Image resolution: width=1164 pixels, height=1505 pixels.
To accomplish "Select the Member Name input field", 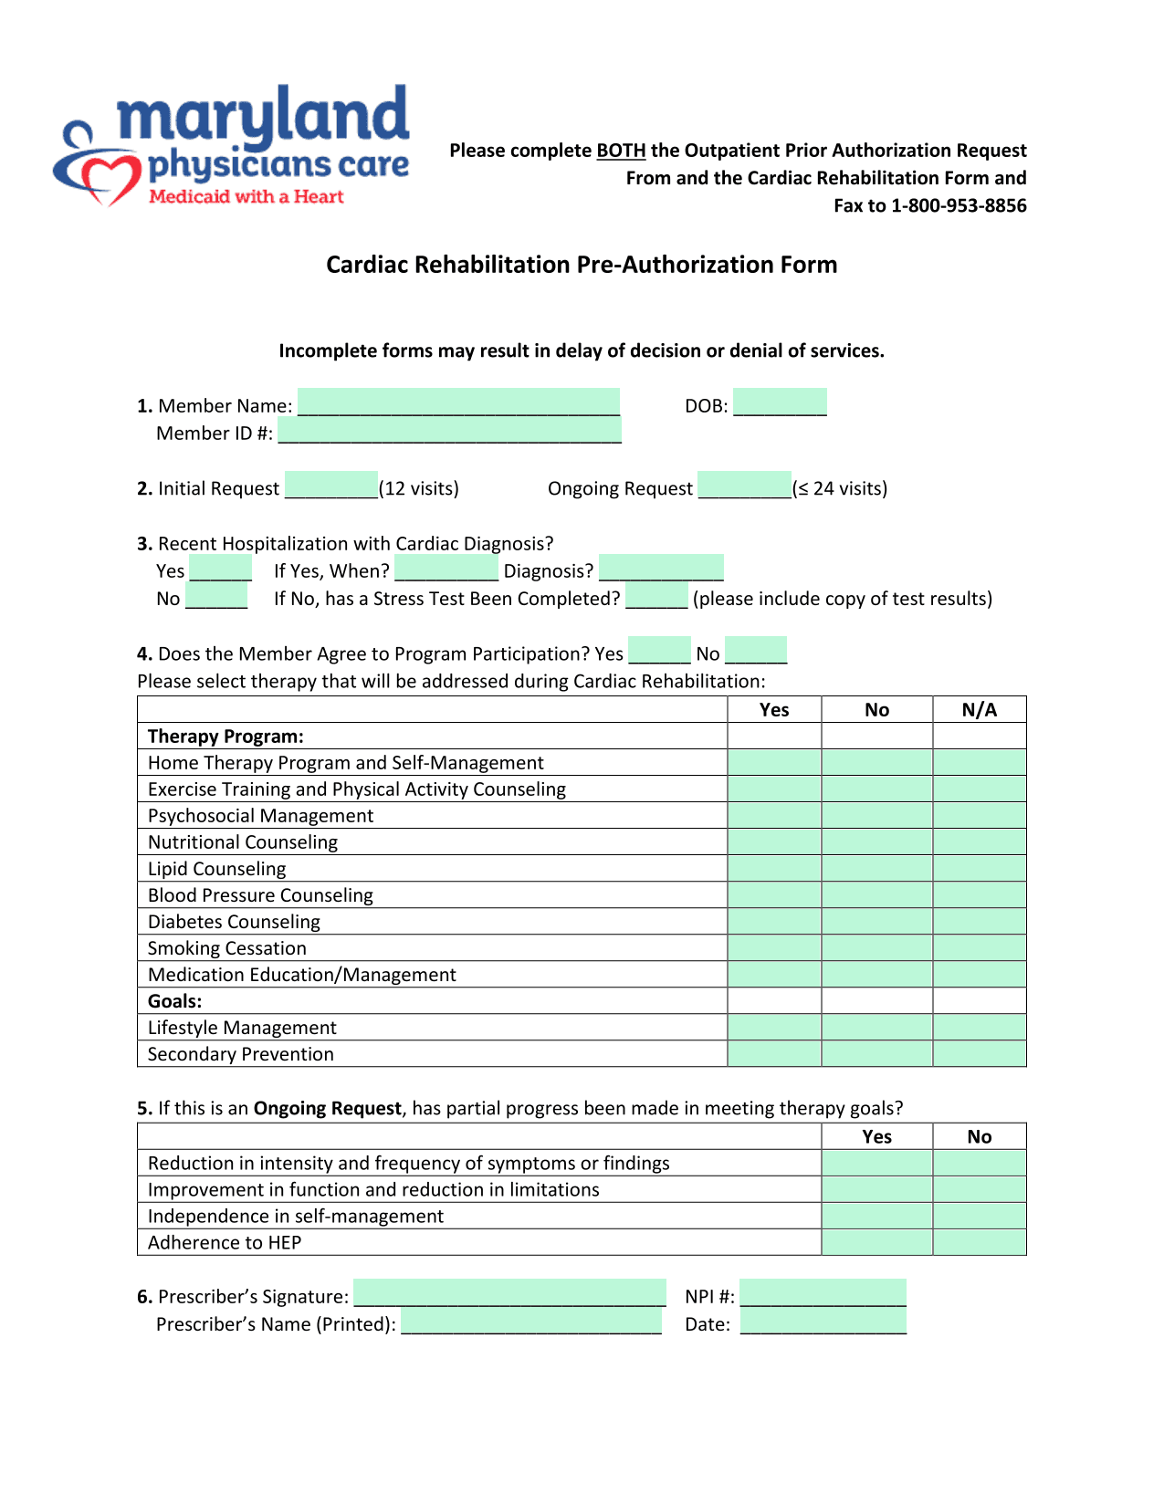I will click(x=458, y=402).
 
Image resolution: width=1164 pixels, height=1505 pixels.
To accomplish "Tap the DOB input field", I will click(x=780, y=402).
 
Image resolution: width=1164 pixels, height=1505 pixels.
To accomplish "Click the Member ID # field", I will click(x=449, y=431).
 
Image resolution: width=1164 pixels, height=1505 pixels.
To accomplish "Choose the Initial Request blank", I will click(x=331, y=486).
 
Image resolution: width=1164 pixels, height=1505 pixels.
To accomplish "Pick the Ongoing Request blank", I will click(x=744, y=486).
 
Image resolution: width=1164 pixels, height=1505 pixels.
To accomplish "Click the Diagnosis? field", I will click(x=661, y=569).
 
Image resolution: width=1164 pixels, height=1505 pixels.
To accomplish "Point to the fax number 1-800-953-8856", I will click(x=959, y=205).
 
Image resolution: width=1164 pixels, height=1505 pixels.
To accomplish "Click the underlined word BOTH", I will click(x=621, y=151).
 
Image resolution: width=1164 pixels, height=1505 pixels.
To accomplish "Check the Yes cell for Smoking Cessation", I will click(x=774, y=948).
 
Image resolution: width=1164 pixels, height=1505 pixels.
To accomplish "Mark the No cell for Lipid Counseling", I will click(x=876, y=869).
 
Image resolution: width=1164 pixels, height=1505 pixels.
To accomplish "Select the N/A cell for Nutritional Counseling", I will click(x=980, y=842).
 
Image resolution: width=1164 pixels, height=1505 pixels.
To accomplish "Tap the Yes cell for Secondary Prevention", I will click(x=774, y=1054).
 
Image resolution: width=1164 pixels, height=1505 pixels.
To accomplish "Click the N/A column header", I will click(x=980, y=710).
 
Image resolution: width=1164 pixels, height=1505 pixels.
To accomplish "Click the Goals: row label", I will click(x=175, y=1001).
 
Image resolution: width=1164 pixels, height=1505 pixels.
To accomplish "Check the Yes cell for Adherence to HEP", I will click(x=876, y=1243).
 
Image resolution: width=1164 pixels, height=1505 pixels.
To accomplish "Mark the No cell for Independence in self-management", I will click(x=980, y=1217).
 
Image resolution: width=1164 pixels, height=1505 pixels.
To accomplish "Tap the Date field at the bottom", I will click(x=823, y=1322).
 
